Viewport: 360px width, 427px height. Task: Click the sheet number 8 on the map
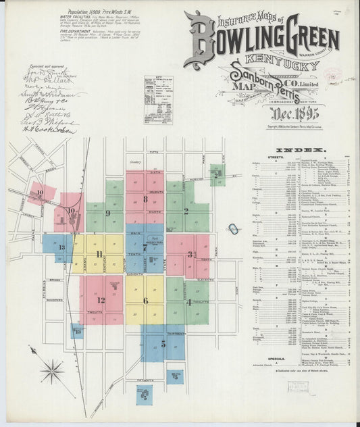click(145, 199)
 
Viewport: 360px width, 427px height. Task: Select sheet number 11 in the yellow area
click(99, 254)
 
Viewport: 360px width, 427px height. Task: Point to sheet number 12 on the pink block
click(101, 300)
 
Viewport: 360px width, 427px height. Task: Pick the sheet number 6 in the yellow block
click(145, 301)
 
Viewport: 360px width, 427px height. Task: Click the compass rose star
click(51, 371)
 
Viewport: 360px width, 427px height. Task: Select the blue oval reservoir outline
click(232, 229)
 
